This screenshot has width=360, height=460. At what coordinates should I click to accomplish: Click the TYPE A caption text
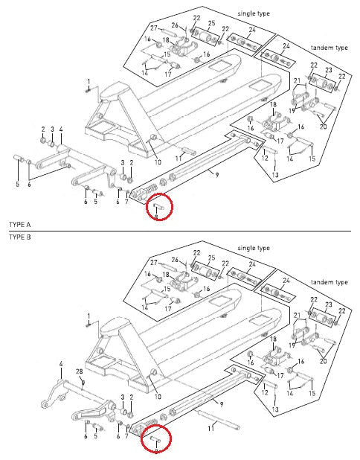pyautogui.click(x=19, y=223)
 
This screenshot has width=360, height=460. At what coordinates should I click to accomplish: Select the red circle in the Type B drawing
pyautogui.click(x=156, y=439)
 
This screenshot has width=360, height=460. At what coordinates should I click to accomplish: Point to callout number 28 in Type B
pyautogui.click(x=80, y=371)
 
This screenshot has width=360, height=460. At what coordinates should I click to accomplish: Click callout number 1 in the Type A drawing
pyautogui.click(x=88, y=80)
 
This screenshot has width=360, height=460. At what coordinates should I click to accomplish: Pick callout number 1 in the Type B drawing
pyautogui.click(x=88, y=316)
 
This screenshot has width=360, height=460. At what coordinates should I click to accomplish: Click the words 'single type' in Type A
pyautogui.click(x=256, y=14)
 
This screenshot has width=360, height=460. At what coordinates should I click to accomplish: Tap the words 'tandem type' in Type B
pyautogui.click(x=330, y=283)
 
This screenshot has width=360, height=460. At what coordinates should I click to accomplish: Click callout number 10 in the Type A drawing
pyautogui.click(x=157, y=162)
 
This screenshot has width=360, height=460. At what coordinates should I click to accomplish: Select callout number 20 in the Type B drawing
pyautogui.click(x=322, y=361)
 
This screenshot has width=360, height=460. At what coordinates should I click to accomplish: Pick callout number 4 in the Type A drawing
pyautogui.click(x=60, y=128)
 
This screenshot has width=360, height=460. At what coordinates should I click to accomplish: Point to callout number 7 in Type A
pyautogui.click(x=127, y=202)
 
